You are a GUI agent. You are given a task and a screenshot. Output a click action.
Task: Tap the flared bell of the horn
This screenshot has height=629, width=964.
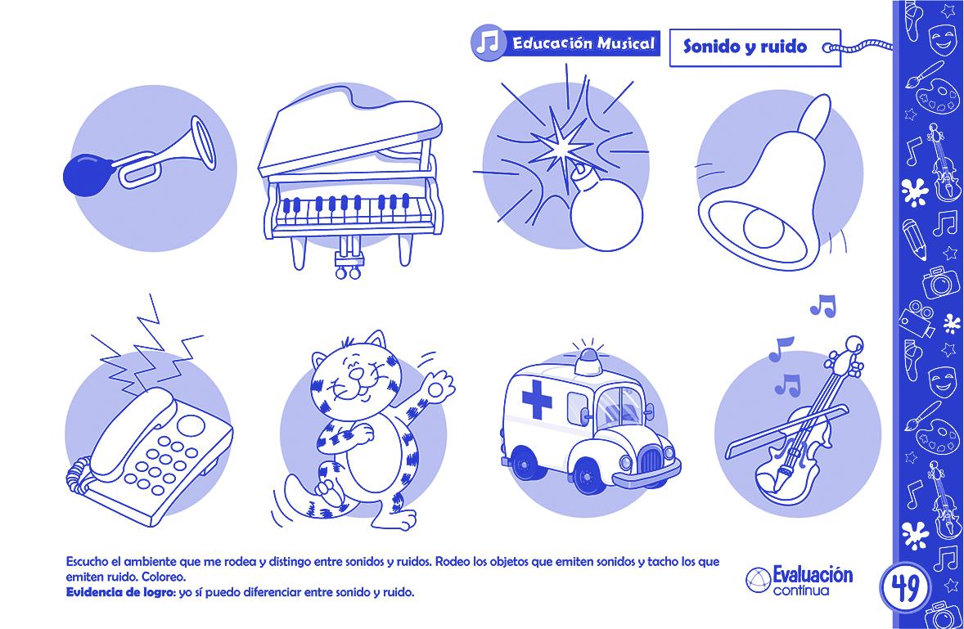(x=204, y=142)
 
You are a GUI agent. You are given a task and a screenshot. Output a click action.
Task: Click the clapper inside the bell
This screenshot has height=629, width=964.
(x=764, y=227)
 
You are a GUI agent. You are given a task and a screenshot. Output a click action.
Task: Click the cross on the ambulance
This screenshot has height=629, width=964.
(x=537, y=398)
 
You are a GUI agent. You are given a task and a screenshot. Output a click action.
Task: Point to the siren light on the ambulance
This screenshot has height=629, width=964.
(x=589, y=362)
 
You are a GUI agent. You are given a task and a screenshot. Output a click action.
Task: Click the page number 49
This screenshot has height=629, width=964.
(x=903, y=589)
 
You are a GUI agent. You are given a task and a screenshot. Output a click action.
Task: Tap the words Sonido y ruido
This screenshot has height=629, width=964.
(x=746, y=46)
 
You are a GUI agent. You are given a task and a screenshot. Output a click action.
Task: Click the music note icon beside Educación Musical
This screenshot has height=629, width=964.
(x=489, y=43)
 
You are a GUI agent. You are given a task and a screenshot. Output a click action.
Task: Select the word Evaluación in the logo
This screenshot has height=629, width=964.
(x=812, y=576)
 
